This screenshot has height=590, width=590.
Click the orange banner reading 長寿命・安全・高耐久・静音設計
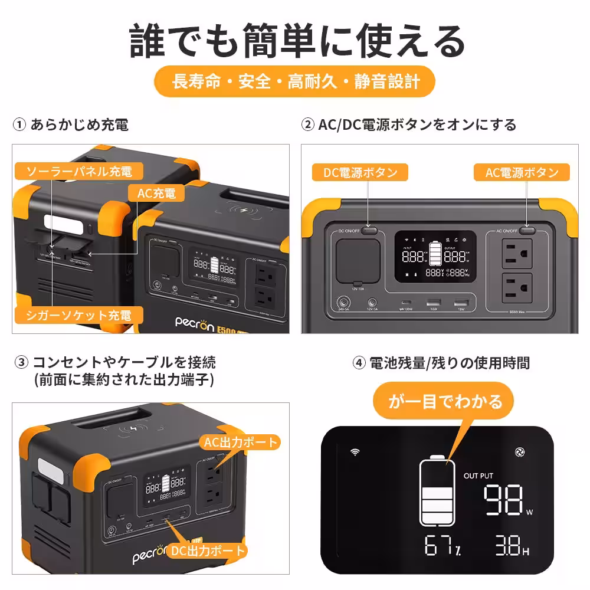[x=295, y=81]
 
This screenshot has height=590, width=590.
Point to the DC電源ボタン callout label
[x=360, y=173]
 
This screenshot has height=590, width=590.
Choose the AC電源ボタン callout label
[x=522, y=173]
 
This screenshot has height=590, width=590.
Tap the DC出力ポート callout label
[x=207, y=551]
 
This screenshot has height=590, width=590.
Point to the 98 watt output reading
[x=505, y=500]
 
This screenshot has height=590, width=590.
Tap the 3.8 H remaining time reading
[x=511, y=546]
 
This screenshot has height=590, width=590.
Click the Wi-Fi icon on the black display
[x=355, y=452]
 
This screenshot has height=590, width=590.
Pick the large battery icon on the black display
[x=437, y=491]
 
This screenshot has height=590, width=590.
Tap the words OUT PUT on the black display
[x=478, y=476]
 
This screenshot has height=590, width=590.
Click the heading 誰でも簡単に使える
[x=295, y=41]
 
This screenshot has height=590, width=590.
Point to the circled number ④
[x=359, y=363]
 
